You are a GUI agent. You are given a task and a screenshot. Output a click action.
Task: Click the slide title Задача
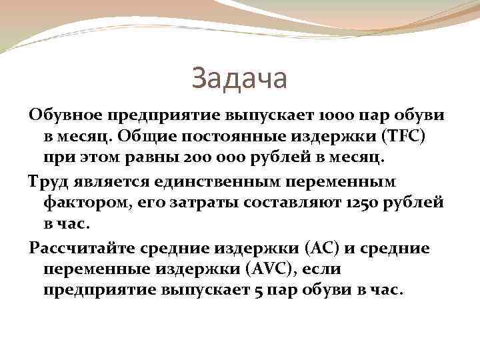(239, 78)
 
